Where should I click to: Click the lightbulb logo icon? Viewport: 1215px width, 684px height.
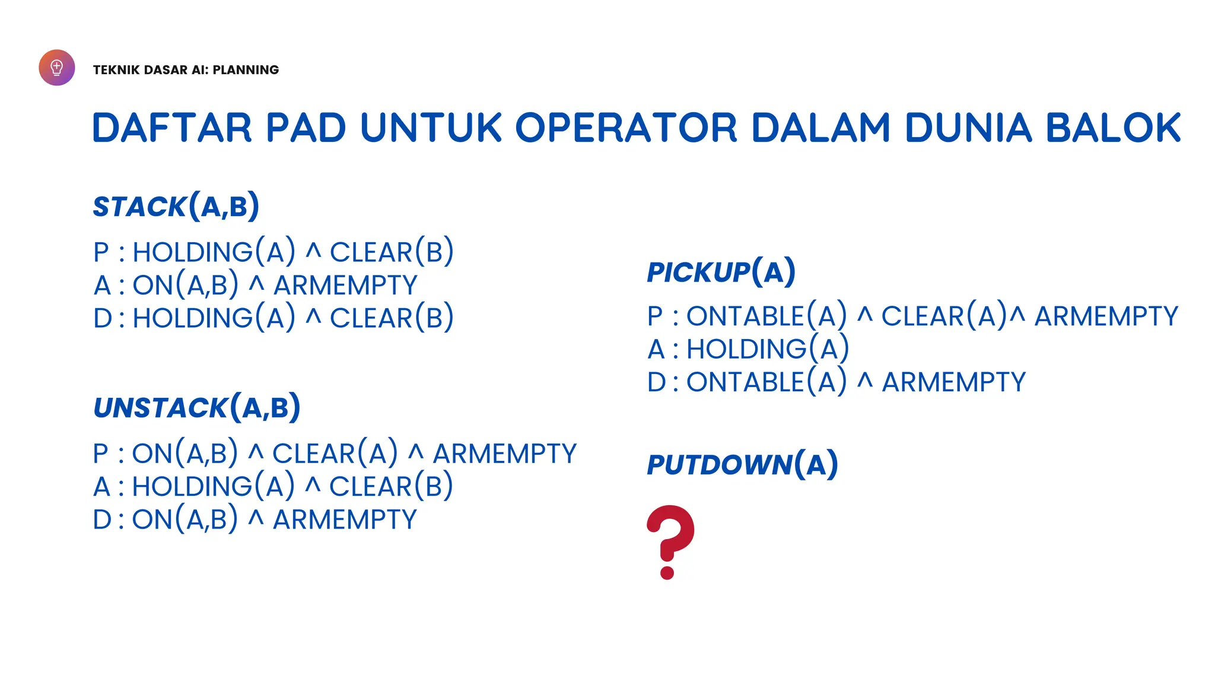[57, 68]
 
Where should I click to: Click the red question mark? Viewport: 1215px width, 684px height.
[670, 541]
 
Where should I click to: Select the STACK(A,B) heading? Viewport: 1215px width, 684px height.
[176, 206]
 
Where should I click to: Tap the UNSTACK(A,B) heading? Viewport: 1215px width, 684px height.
[197, 407]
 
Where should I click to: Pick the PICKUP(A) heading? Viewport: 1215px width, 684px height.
[721, 272]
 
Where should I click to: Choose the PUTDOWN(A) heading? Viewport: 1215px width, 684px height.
[742, 464]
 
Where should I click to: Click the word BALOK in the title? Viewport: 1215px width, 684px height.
[1113, 128]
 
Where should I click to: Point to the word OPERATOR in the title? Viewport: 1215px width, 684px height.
[626, 128]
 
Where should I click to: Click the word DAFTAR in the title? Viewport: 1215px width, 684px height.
[172, 128]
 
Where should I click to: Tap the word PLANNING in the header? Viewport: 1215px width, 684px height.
[246, 70]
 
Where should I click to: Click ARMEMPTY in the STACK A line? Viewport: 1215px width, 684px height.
[345, 286]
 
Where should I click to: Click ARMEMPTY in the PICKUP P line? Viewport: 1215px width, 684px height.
[1106, 316]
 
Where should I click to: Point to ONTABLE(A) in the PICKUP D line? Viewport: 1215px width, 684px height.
[766, 382]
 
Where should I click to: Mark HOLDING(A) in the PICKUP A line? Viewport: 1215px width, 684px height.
[768, 349]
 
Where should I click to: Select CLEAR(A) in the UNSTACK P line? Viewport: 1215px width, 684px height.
[335, 454]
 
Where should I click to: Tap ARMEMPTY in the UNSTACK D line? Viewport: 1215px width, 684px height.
[345, 520]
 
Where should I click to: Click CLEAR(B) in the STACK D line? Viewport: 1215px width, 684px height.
[392, 318]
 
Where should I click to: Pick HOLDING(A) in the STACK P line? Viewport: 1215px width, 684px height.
[214, 252]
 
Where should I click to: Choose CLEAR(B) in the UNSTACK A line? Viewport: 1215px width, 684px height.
[391, 487]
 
